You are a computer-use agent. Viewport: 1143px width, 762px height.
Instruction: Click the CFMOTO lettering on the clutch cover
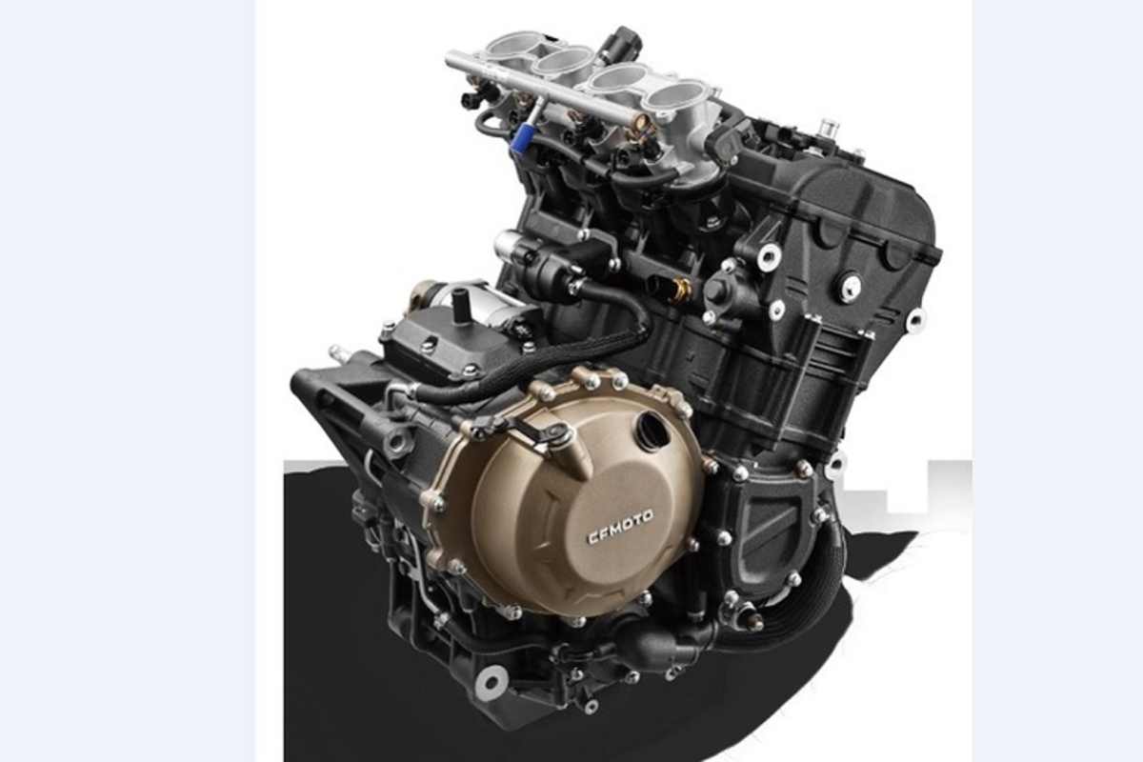tap(619, 527)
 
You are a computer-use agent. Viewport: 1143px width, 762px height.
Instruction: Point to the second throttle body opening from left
tap(562, 61)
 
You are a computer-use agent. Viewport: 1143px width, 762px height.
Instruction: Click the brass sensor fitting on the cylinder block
tap(678, 289)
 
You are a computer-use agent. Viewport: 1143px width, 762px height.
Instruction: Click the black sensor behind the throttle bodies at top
tap(626, 43)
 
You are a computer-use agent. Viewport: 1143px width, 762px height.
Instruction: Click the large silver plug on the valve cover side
tap(849, 287)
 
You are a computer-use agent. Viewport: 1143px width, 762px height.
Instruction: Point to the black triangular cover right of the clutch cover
tap(772, 519)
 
